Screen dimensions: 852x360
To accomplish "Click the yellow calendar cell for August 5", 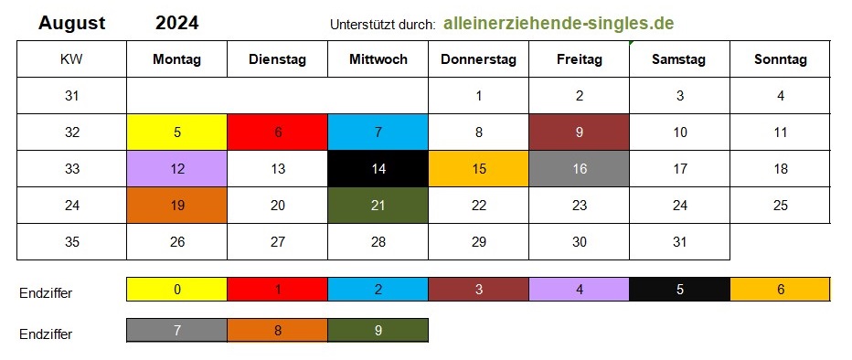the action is [177, 132].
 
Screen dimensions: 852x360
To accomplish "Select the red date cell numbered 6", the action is [278, 132].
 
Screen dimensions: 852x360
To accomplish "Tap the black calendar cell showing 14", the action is [378, 169].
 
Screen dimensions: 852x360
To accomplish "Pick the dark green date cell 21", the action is [378, 206].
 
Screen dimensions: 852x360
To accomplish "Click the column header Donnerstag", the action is [478, 59].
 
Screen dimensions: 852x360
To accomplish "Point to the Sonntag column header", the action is [781, 59].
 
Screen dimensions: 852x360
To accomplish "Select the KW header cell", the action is [71, 59].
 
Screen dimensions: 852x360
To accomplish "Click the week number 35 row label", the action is [71, 241].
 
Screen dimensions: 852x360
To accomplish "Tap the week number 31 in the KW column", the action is [71, 96].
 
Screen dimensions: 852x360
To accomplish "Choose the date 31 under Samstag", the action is [680, 241].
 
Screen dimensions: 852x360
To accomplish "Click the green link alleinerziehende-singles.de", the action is [559, 24].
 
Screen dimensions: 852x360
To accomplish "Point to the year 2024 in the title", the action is [177, 23].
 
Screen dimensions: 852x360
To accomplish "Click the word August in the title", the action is [72, 24].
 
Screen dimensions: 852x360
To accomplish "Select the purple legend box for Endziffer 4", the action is [580, 290].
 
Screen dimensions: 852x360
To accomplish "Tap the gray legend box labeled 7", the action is [177, 330].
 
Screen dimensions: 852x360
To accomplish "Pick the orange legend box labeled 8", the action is [278, 330].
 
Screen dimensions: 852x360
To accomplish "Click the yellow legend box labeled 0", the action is [177, 290].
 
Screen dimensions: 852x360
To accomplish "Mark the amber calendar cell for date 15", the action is [479, 169].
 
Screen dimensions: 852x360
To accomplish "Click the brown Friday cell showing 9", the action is [580, 132].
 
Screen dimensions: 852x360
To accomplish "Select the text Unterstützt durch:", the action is [382, 25].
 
